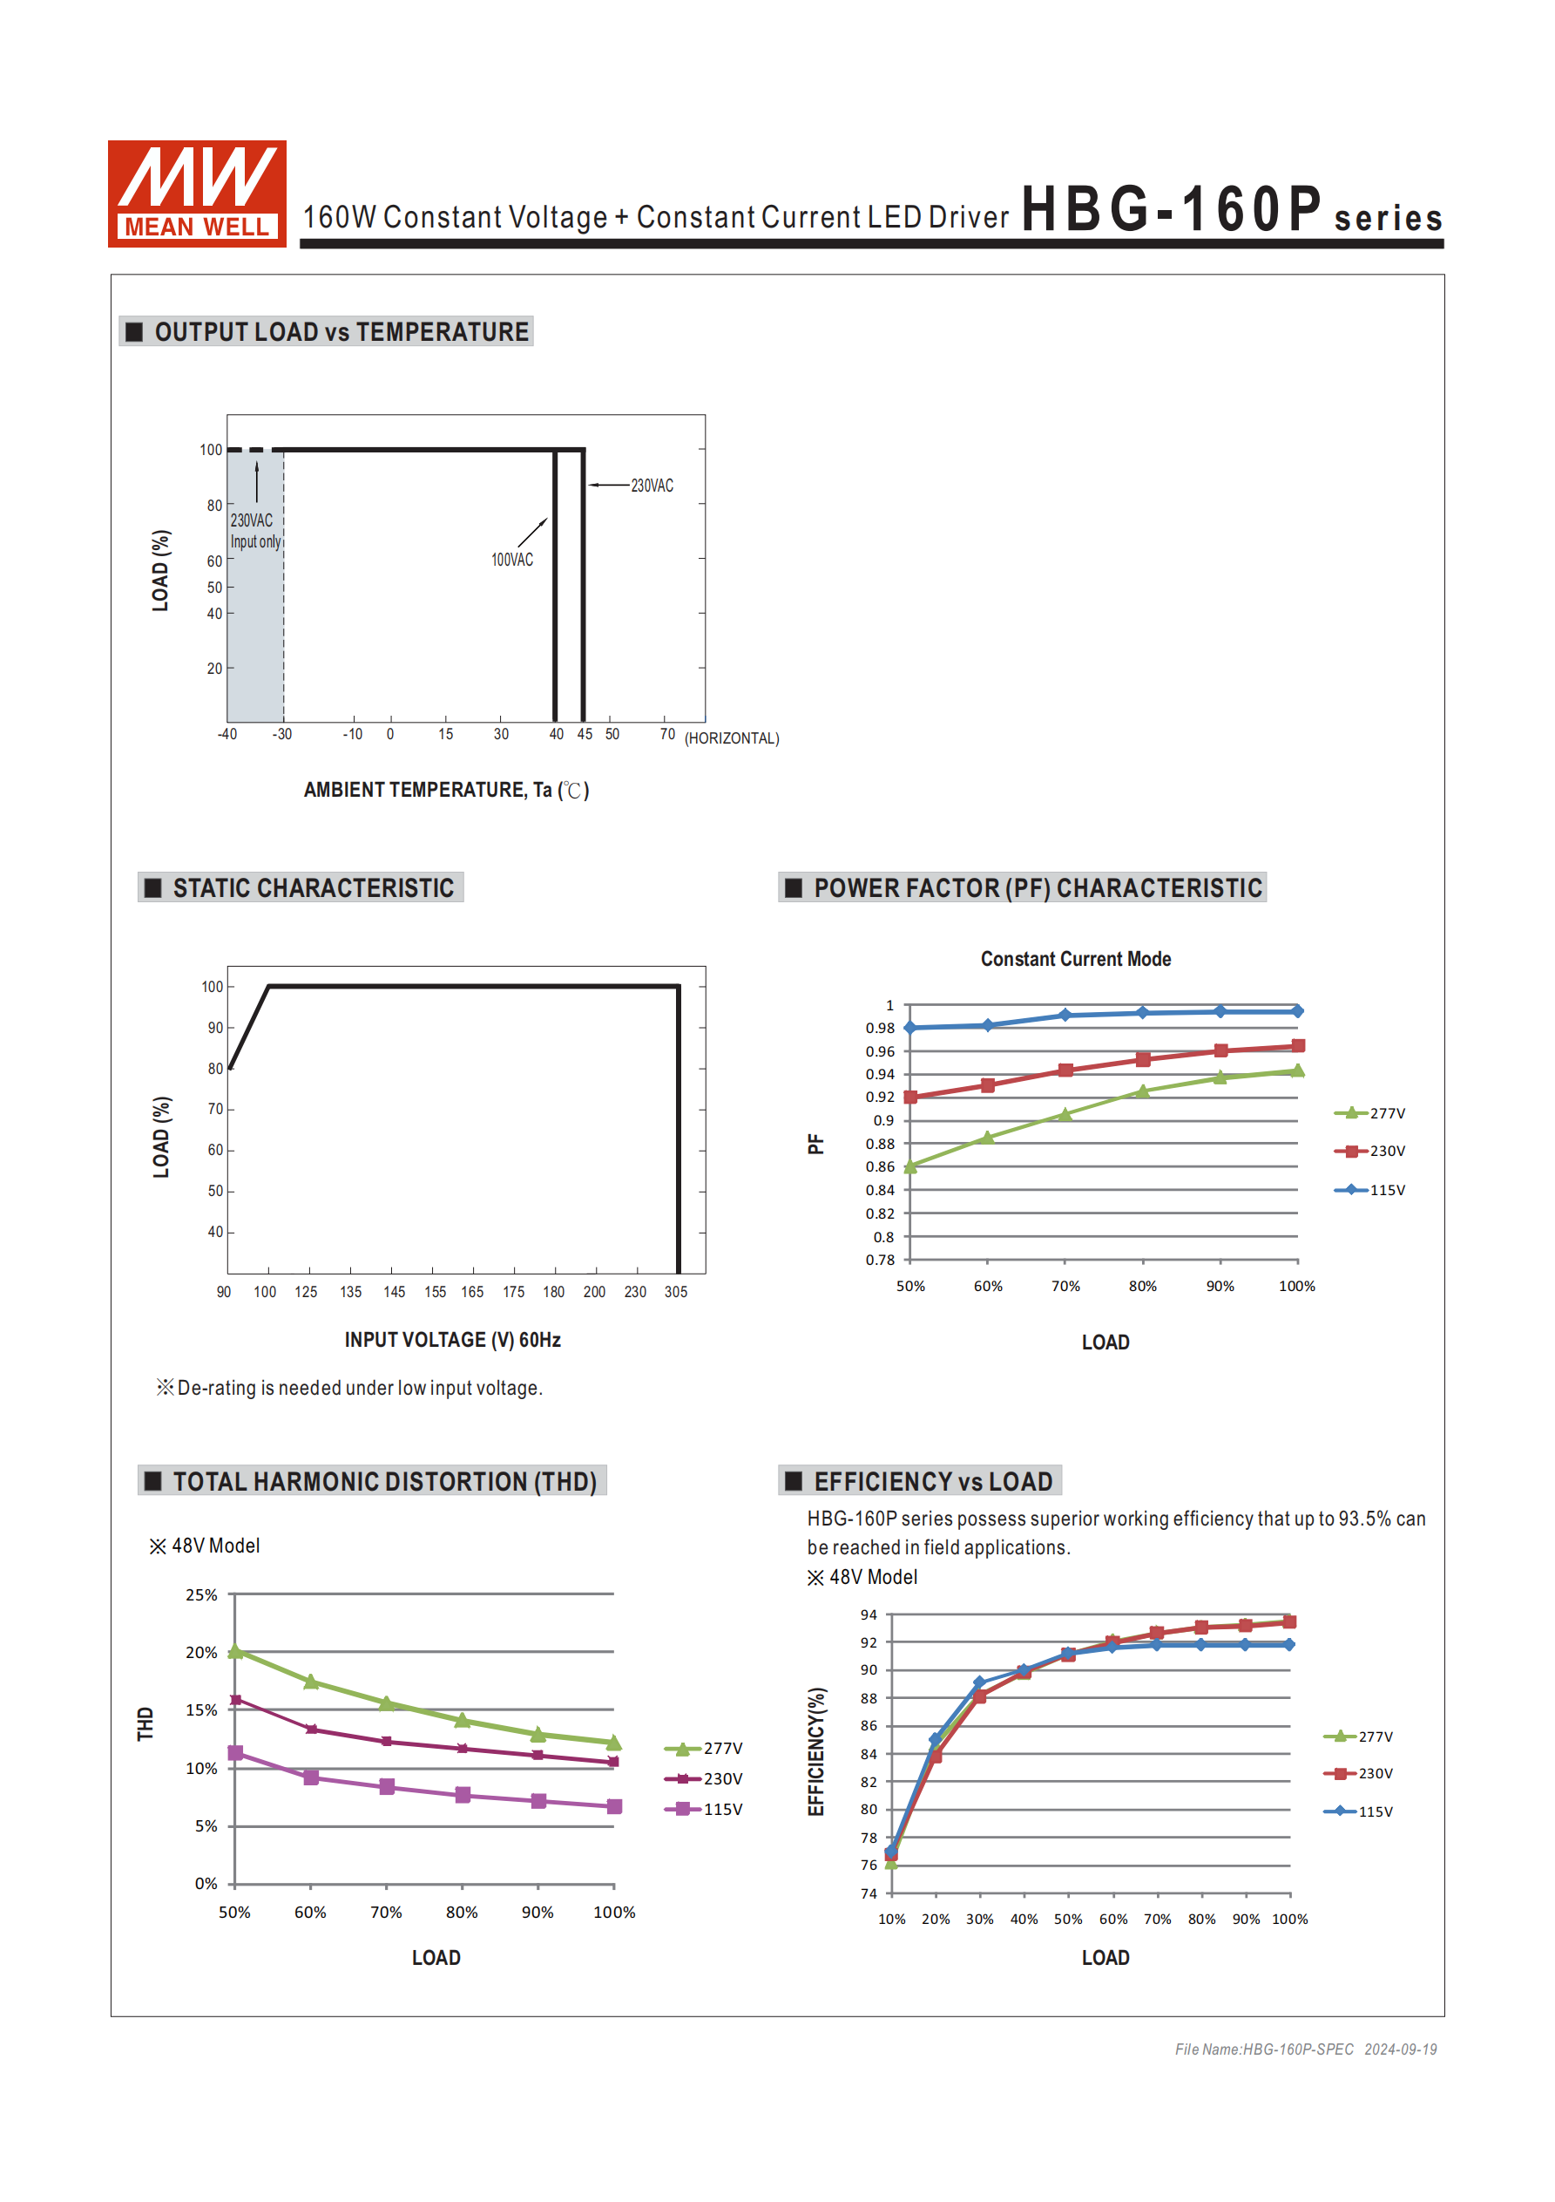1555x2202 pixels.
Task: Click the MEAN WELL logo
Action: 197,194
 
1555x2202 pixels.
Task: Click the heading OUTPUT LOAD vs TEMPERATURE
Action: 341,332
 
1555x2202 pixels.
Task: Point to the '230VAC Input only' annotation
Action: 255,531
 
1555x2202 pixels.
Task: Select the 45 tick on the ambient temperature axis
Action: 584,735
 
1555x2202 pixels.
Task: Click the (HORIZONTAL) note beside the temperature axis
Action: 732,738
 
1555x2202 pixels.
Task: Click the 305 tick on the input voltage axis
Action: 676,1293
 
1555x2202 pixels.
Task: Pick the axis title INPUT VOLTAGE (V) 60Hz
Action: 452,1340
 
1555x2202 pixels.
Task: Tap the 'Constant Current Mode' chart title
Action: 1076,959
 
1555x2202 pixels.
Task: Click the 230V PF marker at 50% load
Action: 910,1098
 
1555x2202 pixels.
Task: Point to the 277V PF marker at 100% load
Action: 1297,1071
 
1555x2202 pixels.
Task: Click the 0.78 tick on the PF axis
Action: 880,1261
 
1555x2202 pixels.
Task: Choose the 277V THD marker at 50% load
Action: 236,1651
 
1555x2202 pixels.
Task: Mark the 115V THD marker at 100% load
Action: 614,1807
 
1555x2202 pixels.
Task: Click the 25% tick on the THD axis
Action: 201,1595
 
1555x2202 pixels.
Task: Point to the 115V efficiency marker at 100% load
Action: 1289,1645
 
